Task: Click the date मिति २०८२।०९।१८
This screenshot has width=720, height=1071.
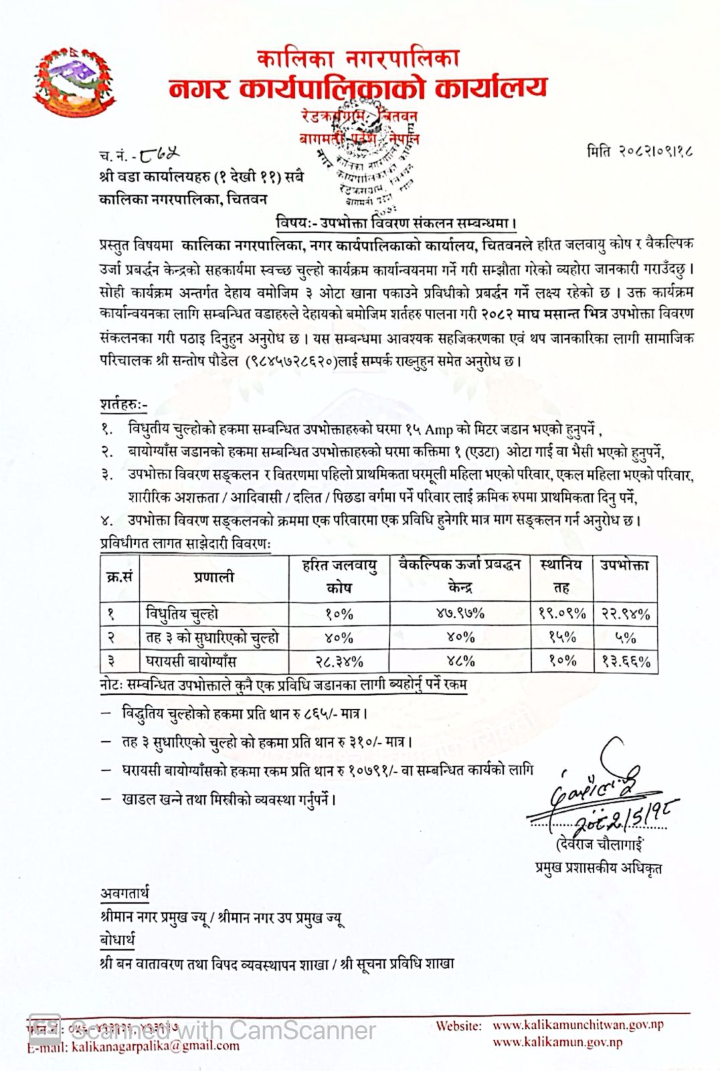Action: point(640,151)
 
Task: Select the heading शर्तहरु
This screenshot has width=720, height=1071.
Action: point(123,404)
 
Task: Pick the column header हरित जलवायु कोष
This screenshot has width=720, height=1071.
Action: point(339,576)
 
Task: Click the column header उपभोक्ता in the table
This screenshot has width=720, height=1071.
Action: point(624,566)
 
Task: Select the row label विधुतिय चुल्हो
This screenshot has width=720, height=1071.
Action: point(181,613)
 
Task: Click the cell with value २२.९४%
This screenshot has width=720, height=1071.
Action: point(626,613)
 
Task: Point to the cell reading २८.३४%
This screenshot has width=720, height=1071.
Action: point(339,661)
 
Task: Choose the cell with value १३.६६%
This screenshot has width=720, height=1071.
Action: point(626,661)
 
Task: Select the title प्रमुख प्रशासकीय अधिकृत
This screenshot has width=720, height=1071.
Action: point(598,868)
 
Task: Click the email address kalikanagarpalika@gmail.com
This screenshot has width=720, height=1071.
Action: point(155,1046)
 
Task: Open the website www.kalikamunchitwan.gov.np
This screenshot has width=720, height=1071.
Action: point(578,1025)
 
